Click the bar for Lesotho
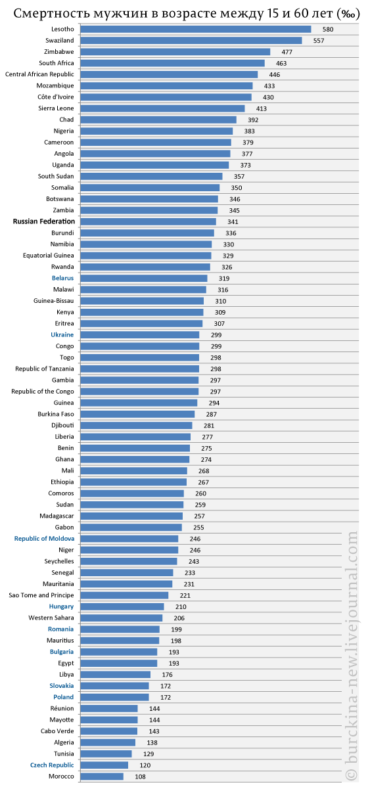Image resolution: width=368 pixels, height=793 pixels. (196, 30)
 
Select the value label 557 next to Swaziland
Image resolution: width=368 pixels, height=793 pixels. (319, 41)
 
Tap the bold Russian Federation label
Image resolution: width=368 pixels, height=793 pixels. (44, 221)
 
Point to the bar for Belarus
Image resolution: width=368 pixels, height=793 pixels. (144, 279)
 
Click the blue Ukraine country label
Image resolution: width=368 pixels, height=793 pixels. (62, 335)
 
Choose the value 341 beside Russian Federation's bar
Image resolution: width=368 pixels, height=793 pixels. (233, 222)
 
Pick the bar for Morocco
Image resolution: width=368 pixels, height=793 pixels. (102, 777)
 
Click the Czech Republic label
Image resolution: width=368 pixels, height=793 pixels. (52, 765)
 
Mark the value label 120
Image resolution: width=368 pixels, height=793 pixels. (145, 765)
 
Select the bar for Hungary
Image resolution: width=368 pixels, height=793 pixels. (122, 607)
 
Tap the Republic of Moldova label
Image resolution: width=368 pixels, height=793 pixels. (44, 539)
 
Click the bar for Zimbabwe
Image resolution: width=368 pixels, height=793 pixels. (175, 52)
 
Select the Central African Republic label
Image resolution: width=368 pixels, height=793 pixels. (39, 74)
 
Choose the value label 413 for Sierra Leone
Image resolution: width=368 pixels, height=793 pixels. (262, 108)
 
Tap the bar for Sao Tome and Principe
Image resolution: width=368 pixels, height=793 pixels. (124, 595)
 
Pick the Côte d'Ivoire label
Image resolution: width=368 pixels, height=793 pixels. (56, 97)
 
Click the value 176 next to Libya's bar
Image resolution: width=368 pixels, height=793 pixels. (167, 675)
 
